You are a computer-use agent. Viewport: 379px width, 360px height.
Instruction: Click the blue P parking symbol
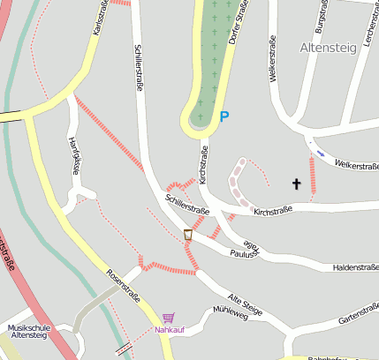224,116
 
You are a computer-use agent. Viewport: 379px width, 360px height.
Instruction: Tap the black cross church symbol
297,184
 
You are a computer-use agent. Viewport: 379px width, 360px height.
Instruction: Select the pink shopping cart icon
168,318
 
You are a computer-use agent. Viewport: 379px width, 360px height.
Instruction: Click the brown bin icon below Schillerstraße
188,234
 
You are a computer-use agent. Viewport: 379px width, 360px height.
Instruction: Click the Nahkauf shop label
170,330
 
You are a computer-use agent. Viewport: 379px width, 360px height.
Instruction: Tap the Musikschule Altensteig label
27,331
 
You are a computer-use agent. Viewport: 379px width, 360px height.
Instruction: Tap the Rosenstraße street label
123,286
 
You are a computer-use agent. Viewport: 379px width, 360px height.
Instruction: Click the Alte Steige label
245,306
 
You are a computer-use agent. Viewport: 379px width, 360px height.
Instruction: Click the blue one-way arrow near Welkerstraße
320,153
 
